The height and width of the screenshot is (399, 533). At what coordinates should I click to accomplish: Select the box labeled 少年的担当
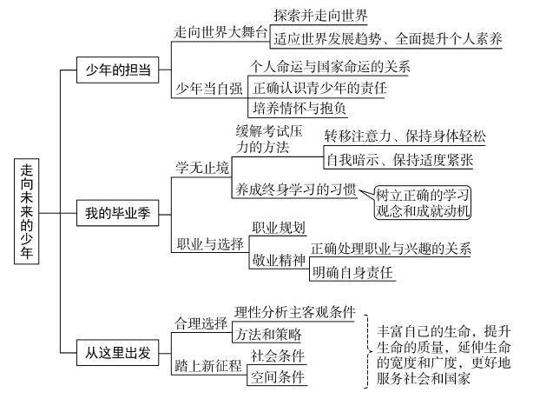pos(118,70)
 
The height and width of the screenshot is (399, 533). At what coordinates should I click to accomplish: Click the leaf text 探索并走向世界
pos(319,17)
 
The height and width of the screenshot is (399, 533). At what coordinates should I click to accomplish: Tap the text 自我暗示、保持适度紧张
pos(398,160)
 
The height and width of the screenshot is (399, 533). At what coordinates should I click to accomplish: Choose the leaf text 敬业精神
pos(278,259)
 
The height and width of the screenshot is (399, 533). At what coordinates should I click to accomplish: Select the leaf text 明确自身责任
pos(352,273)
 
